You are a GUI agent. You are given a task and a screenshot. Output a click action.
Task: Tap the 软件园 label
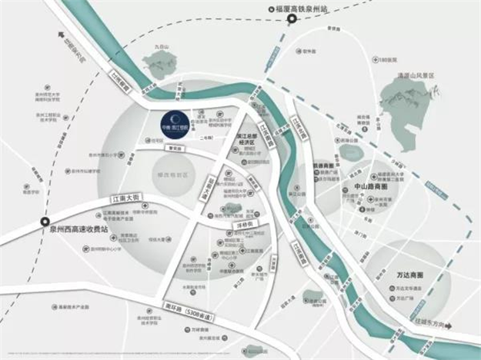click(309, 52)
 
